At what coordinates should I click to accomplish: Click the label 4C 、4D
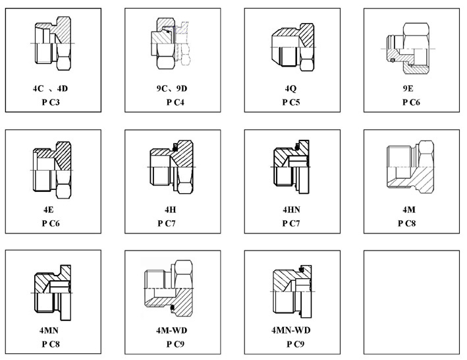(x=52, y=88)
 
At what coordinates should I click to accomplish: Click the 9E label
(x=409, y=88)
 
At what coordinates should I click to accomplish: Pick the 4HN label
(x=290, y=209)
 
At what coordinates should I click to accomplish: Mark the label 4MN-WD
(x=290, y=329)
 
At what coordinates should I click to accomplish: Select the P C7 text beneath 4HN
(x=290, y=224)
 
